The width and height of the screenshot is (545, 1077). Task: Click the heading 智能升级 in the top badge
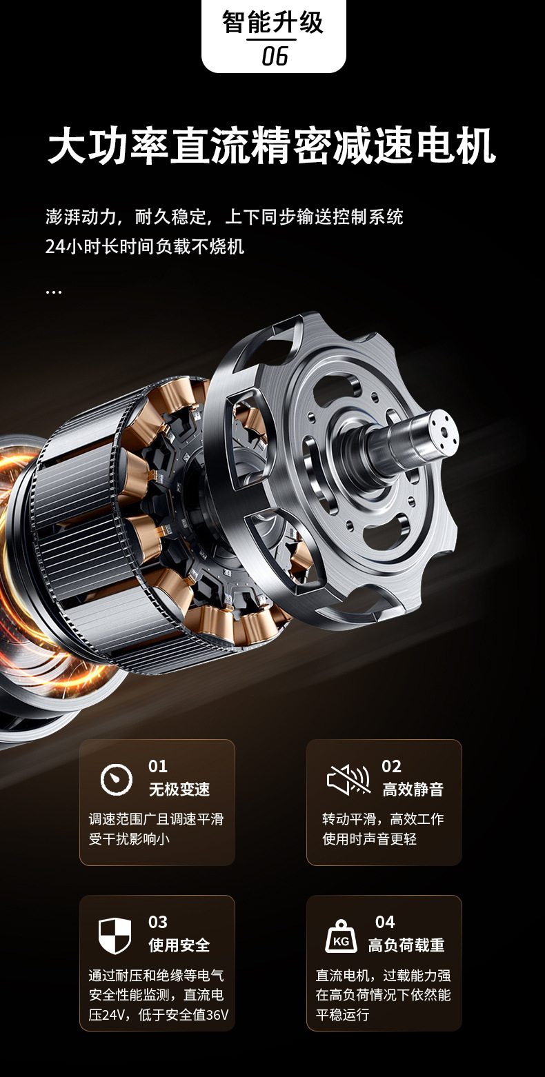272,22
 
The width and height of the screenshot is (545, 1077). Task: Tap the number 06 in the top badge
275,56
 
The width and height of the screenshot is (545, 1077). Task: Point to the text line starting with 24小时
145,247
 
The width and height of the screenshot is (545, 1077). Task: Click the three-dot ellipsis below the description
53,292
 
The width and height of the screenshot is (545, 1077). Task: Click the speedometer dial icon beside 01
117,779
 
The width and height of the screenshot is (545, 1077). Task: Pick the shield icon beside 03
115,936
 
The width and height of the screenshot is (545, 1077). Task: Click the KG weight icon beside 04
341,936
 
